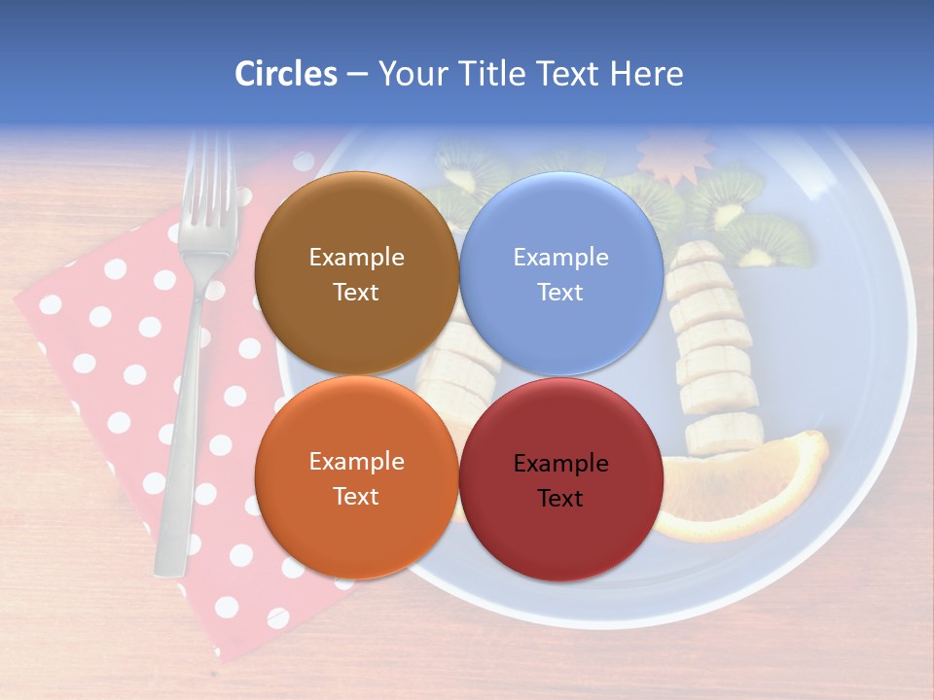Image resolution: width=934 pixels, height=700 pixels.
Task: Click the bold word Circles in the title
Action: pos(286,74)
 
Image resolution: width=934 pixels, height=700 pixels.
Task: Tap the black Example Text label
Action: pos(560,480)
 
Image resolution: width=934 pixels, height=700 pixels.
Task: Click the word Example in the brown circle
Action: pos(356,257)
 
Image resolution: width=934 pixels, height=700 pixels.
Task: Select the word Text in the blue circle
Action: pos(560,292)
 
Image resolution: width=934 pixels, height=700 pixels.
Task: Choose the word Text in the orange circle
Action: pos(356,496)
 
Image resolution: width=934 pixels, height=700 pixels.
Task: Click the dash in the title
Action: pos(357,74)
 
